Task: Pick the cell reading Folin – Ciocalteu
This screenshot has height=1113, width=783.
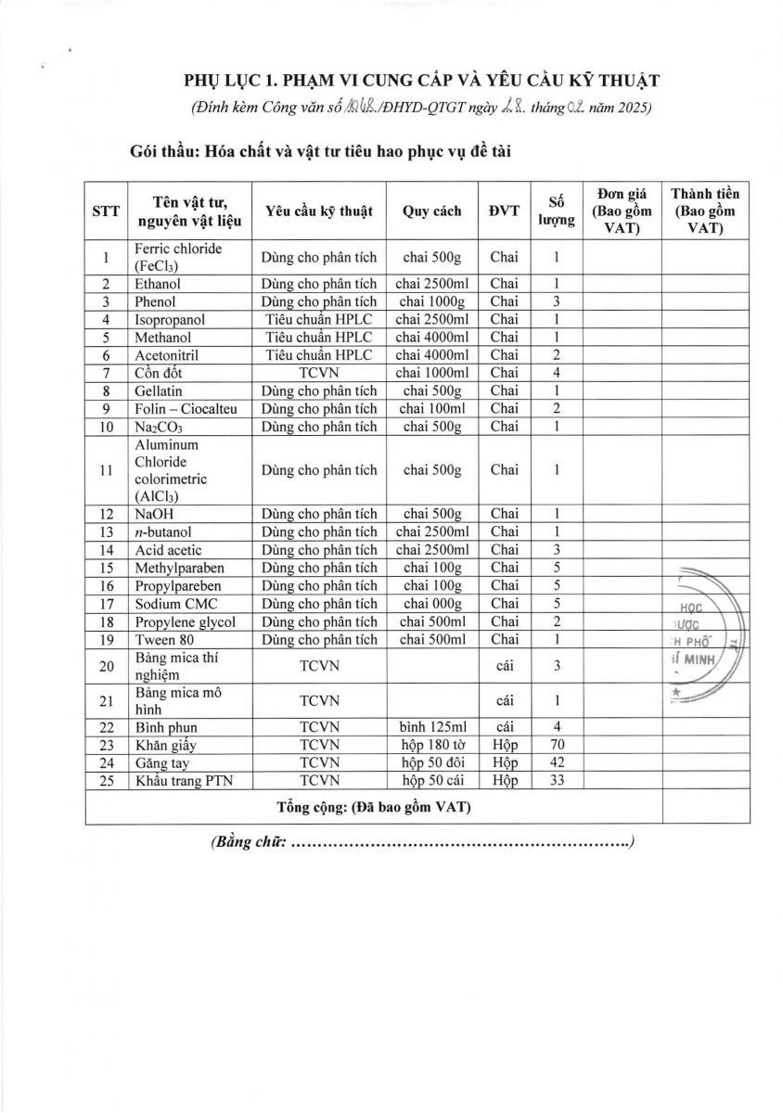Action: coord(181,408)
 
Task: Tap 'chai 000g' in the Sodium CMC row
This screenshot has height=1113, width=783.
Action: coord(432,604)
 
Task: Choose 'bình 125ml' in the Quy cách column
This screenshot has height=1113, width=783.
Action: coord(432,726)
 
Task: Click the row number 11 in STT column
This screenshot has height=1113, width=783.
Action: coord(107,469)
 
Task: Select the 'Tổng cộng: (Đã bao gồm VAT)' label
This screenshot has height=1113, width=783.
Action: coord(374,806)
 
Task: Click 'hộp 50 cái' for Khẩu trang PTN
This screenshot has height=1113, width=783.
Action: coord(432,780)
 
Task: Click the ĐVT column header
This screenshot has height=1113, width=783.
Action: coord(505,211)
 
